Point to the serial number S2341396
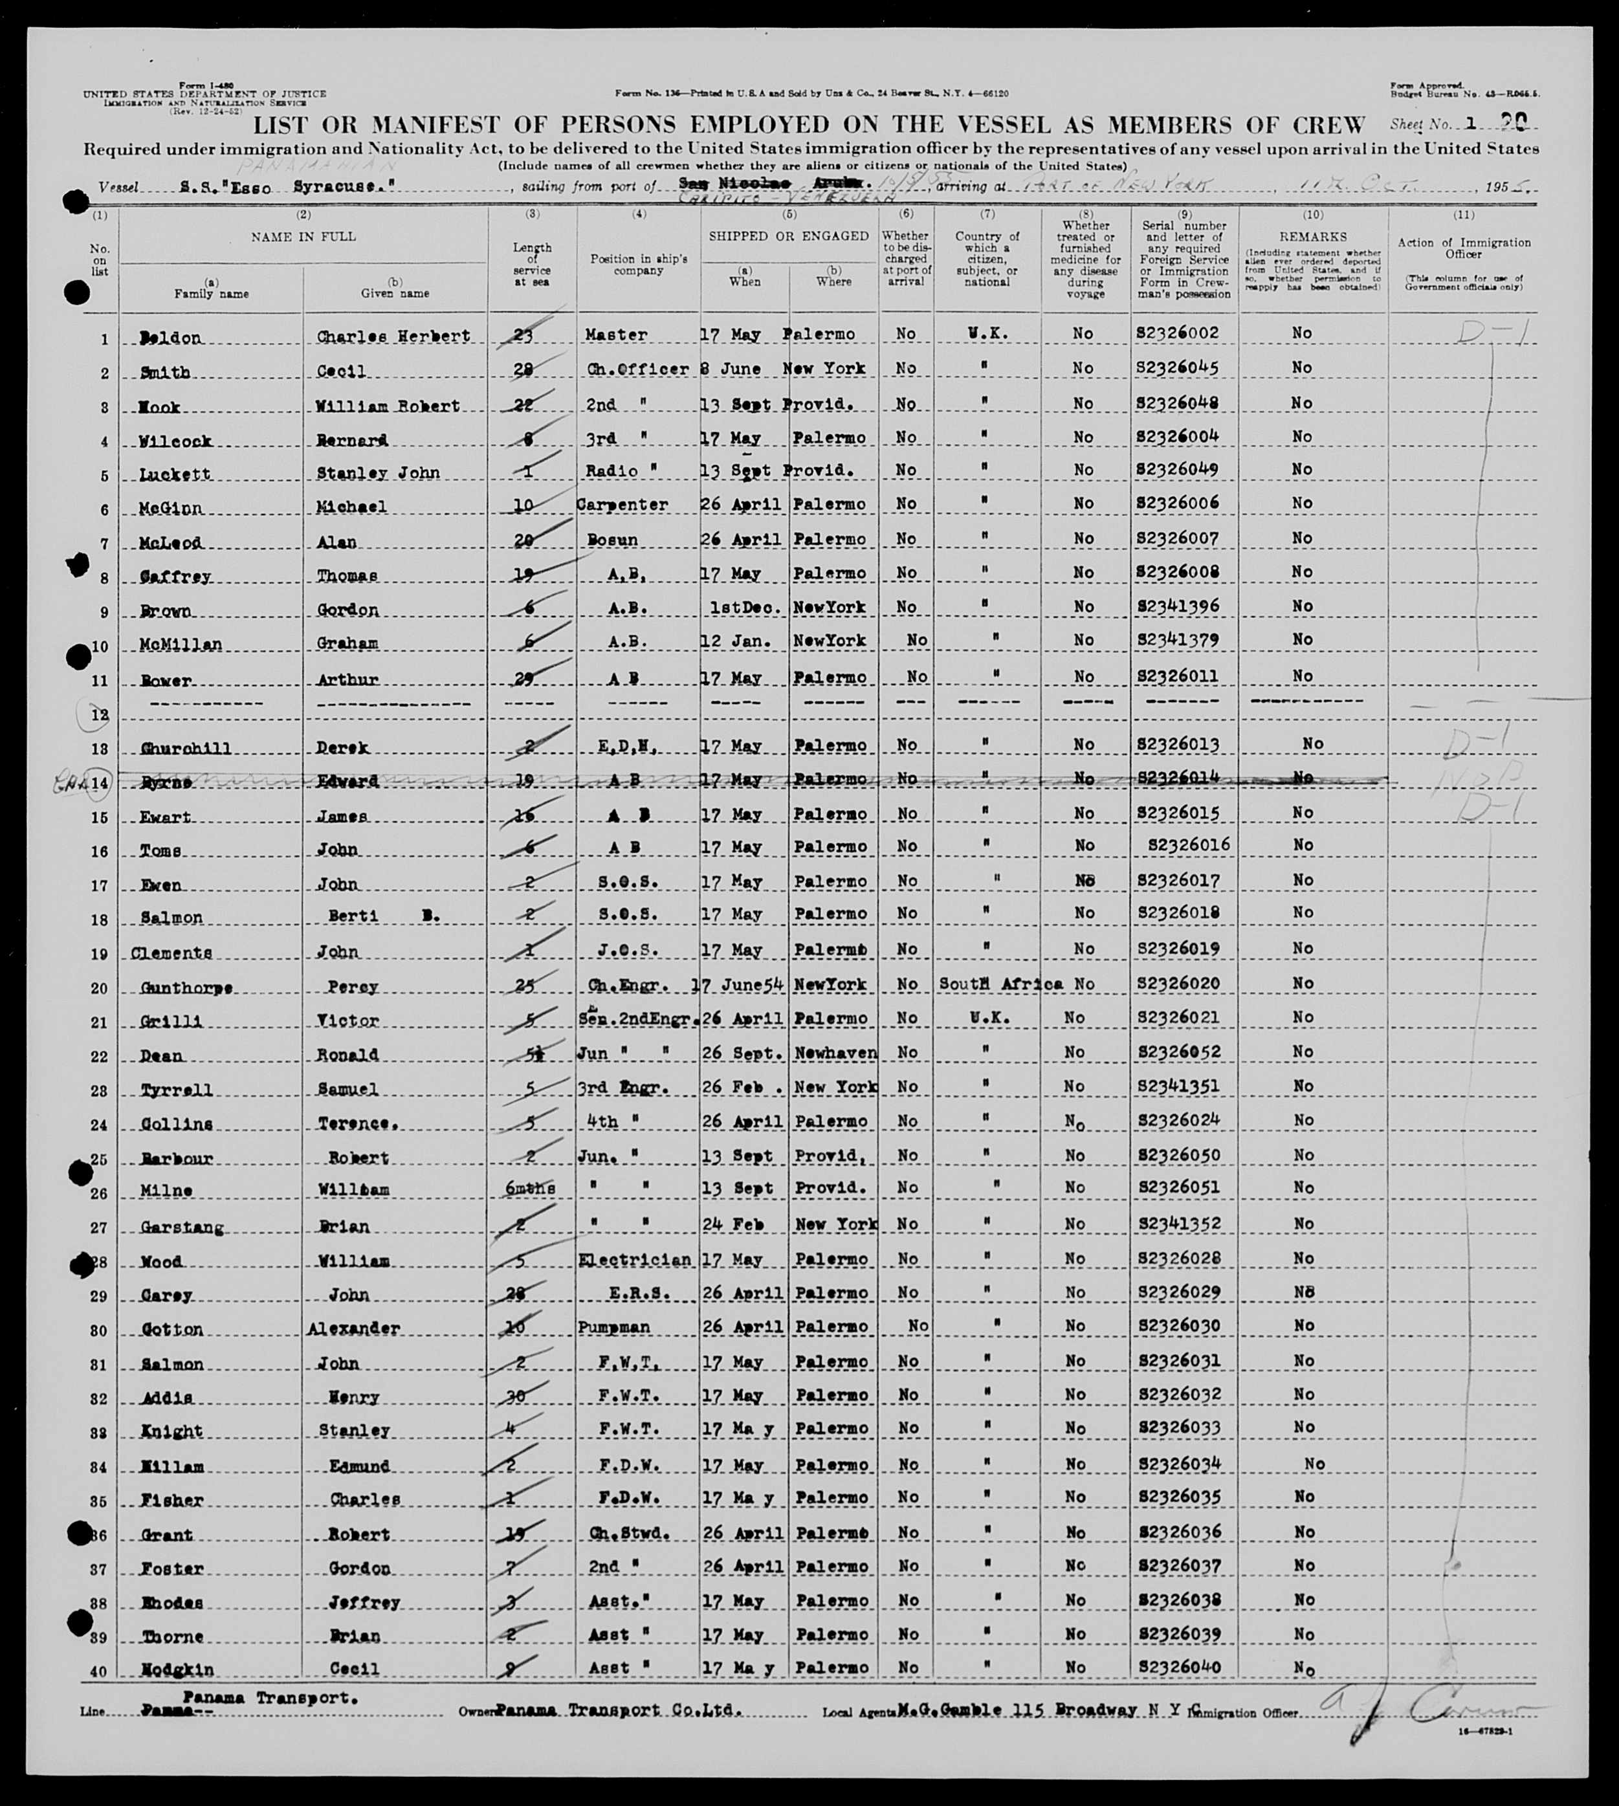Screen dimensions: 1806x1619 click(1178, 606)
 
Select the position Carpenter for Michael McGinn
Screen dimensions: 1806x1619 click(622, 505)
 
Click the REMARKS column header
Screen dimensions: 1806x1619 click(1312, 237)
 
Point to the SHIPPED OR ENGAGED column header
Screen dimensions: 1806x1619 click(788, 236)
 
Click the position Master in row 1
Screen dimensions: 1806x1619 click(617, 335)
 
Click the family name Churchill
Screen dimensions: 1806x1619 click(186, 748)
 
